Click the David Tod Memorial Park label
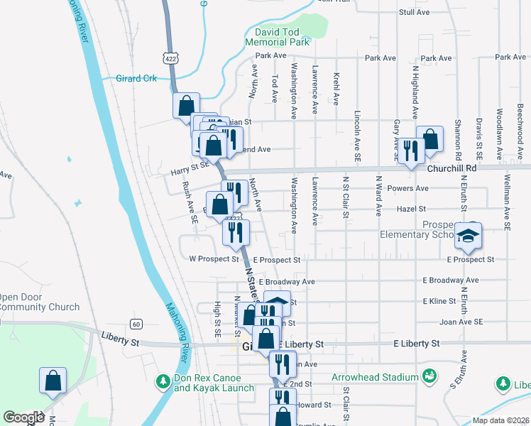click(x=278, y=38)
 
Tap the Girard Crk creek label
click(x=136, y=78)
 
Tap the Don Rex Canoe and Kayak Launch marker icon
click(x=161, y=382)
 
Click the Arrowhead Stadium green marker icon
click(x=429, y=375)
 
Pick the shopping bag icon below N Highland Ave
click(x=429, y=139)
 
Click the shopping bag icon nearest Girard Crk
click(x=186, y=105)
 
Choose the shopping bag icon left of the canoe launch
click(x=53, y=381)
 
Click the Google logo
click(x=23, y=417)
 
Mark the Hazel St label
click(x=411, y=209)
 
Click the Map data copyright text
click(x=500, y=420)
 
